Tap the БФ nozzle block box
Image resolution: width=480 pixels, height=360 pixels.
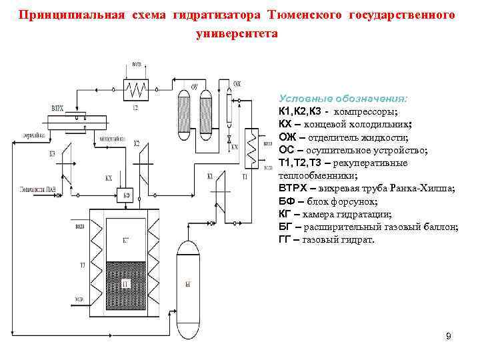tap(126, 195)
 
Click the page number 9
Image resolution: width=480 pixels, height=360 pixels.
tap(449, 337)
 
